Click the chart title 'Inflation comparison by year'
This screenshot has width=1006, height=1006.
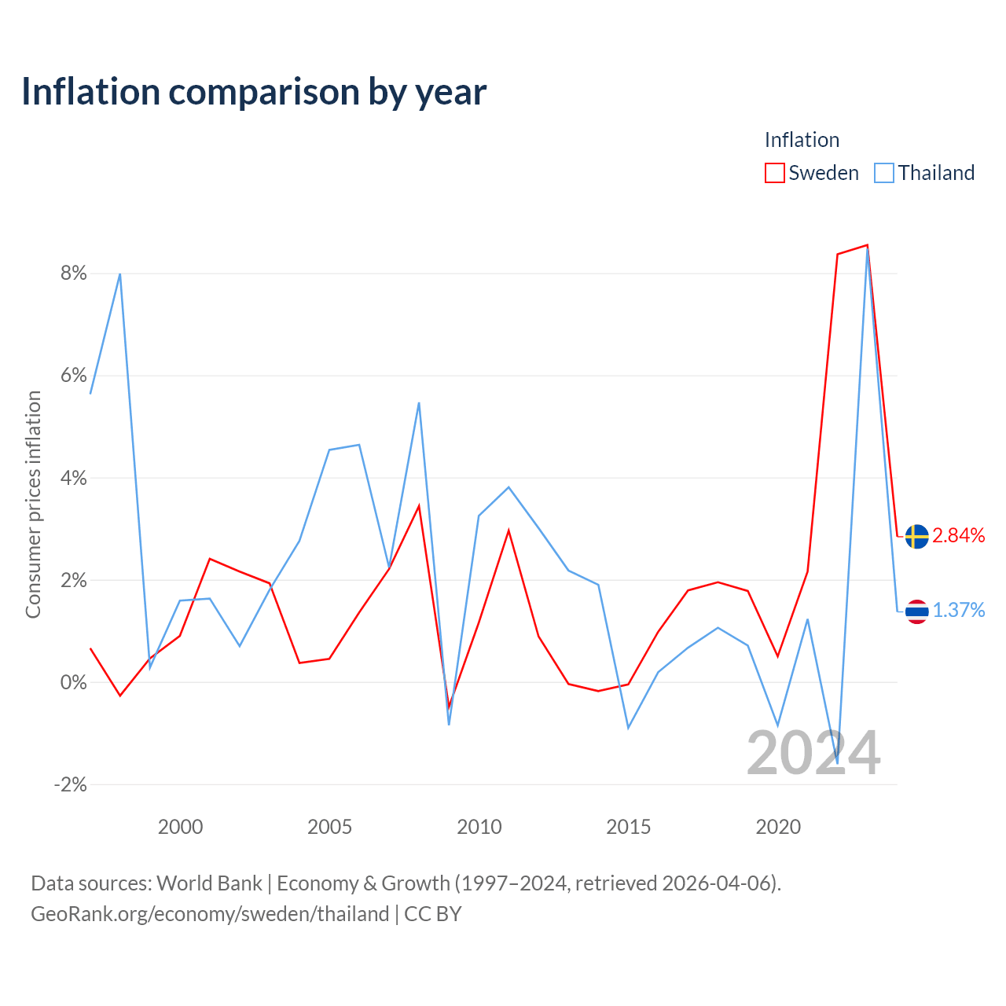pyautogui.click(x=254, y=93)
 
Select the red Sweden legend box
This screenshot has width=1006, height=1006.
pyautogui.click(x=774, y=173)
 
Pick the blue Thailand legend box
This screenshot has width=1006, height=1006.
pyautogui.click(x=884, y=173)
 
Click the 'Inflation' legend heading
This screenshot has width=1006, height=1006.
pyautogui.click(x=802, y=140)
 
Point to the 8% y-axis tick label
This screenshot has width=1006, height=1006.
pyautogui.click(x=74, y=273)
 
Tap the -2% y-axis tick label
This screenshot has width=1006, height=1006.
pyautogui.click(x=71, y=784)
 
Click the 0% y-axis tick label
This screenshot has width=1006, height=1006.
pyautogui.click(x=74, y=682)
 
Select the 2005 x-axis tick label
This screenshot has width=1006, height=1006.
pyautogui.click(x=329, y=827)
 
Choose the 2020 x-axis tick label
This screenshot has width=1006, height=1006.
pyautogui.click(x=778, y=827)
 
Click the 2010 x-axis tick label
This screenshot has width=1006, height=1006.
pyautogui.click(x=479, y=827)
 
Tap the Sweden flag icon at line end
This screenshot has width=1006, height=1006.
pyautogui.click(x=916, y=536)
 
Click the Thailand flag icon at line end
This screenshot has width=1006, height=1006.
pyautogui.click(x=916, y=611)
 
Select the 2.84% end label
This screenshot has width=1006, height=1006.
pyautogui.click(x=959, y=536)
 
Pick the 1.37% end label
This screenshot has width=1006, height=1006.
pyautogui.click(x=959, y=611)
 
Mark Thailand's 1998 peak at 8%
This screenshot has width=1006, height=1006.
pyautogui.click(x=120, y=274)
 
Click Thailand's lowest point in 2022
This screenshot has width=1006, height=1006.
pyautogui.click(x=837, y=763)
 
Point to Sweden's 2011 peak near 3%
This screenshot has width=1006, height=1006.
pyautogui.click(x=509, y=531)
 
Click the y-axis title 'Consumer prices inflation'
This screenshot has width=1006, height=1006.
pyautogui.click(x=33, y=505)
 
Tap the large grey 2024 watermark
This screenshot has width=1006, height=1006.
pyautogui.click(x=813, y=754)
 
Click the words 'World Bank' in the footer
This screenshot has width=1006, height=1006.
pyautogui.click(x=209, y=883)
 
